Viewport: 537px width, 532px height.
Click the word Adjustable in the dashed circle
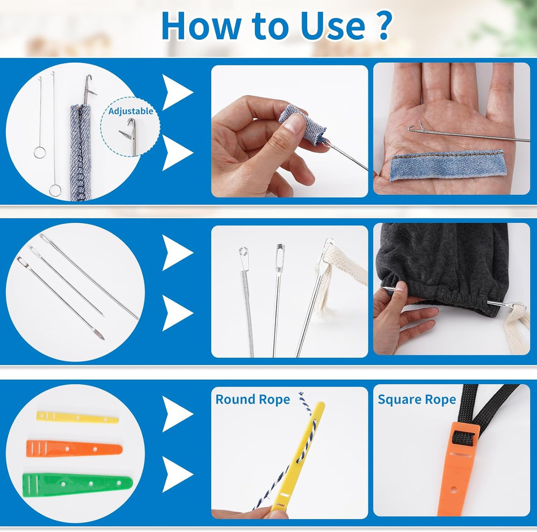[x=130, y=111]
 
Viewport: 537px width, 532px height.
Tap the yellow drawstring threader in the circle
[x=77, y=417]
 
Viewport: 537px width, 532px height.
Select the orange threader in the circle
[x=74, y=448]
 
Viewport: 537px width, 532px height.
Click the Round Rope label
[x=252, y=399]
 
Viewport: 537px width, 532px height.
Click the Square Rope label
[x=417, y=399]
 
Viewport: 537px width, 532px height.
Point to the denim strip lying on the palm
[x=447, y=165]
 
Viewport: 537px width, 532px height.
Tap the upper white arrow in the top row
[x=178, y=93]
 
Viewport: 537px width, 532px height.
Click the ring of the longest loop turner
[x=55, y=190]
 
